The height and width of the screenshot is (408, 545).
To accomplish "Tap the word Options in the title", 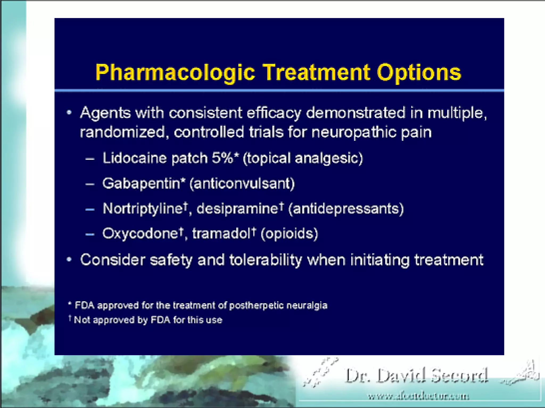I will point(419,73).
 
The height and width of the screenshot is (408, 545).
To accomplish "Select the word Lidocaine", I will point(135,158).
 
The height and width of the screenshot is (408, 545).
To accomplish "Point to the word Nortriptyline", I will point(143,209).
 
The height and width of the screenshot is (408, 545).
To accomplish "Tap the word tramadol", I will point(222,234).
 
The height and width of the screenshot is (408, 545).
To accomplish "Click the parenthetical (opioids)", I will point(290,234).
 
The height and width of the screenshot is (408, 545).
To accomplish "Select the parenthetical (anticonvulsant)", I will point(242,184).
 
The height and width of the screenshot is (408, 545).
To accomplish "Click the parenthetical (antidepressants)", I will point(346,209).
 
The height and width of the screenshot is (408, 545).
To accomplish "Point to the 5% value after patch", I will point(222,158).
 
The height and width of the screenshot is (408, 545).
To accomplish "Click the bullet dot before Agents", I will point(69,113).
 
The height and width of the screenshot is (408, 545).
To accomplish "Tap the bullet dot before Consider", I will point(69,260).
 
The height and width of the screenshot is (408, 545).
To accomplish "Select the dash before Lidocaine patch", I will point(90,159).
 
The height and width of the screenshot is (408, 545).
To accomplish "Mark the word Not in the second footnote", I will point(82,320).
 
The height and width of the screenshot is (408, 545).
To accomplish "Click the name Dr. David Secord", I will point(416,376).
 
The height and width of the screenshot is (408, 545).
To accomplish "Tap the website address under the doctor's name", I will point(418,397).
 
